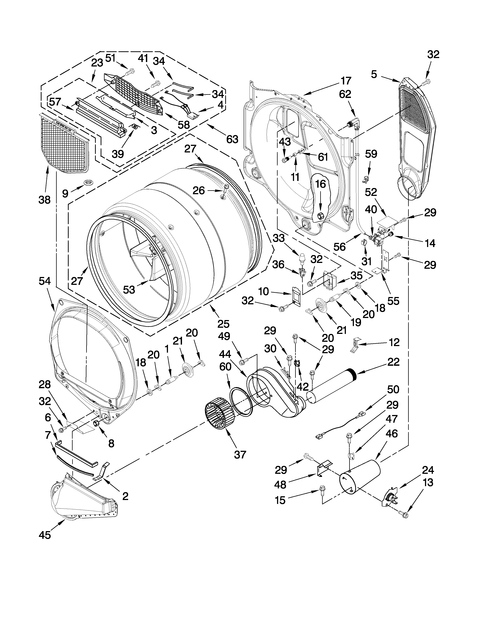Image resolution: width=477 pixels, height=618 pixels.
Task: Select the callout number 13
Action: (428, 482)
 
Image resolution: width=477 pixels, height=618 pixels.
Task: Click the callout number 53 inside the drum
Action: (129, 290)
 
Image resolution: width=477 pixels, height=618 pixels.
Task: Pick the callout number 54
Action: (45, 281)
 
